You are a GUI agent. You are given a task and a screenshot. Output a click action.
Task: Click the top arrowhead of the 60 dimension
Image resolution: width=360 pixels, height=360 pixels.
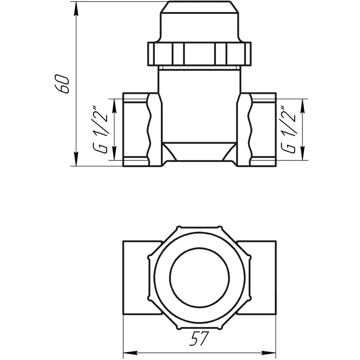(76, 5)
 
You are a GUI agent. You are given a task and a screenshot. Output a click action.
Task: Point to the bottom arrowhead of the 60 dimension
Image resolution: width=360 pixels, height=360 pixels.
(76, 162)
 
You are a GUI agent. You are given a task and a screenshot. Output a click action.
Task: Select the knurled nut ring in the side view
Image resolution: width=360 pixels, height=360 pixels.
(200, 54)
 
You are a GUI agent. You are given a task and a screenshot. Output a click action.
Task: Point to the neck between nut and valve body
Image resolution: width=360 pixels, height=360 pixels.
(200, 80)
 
